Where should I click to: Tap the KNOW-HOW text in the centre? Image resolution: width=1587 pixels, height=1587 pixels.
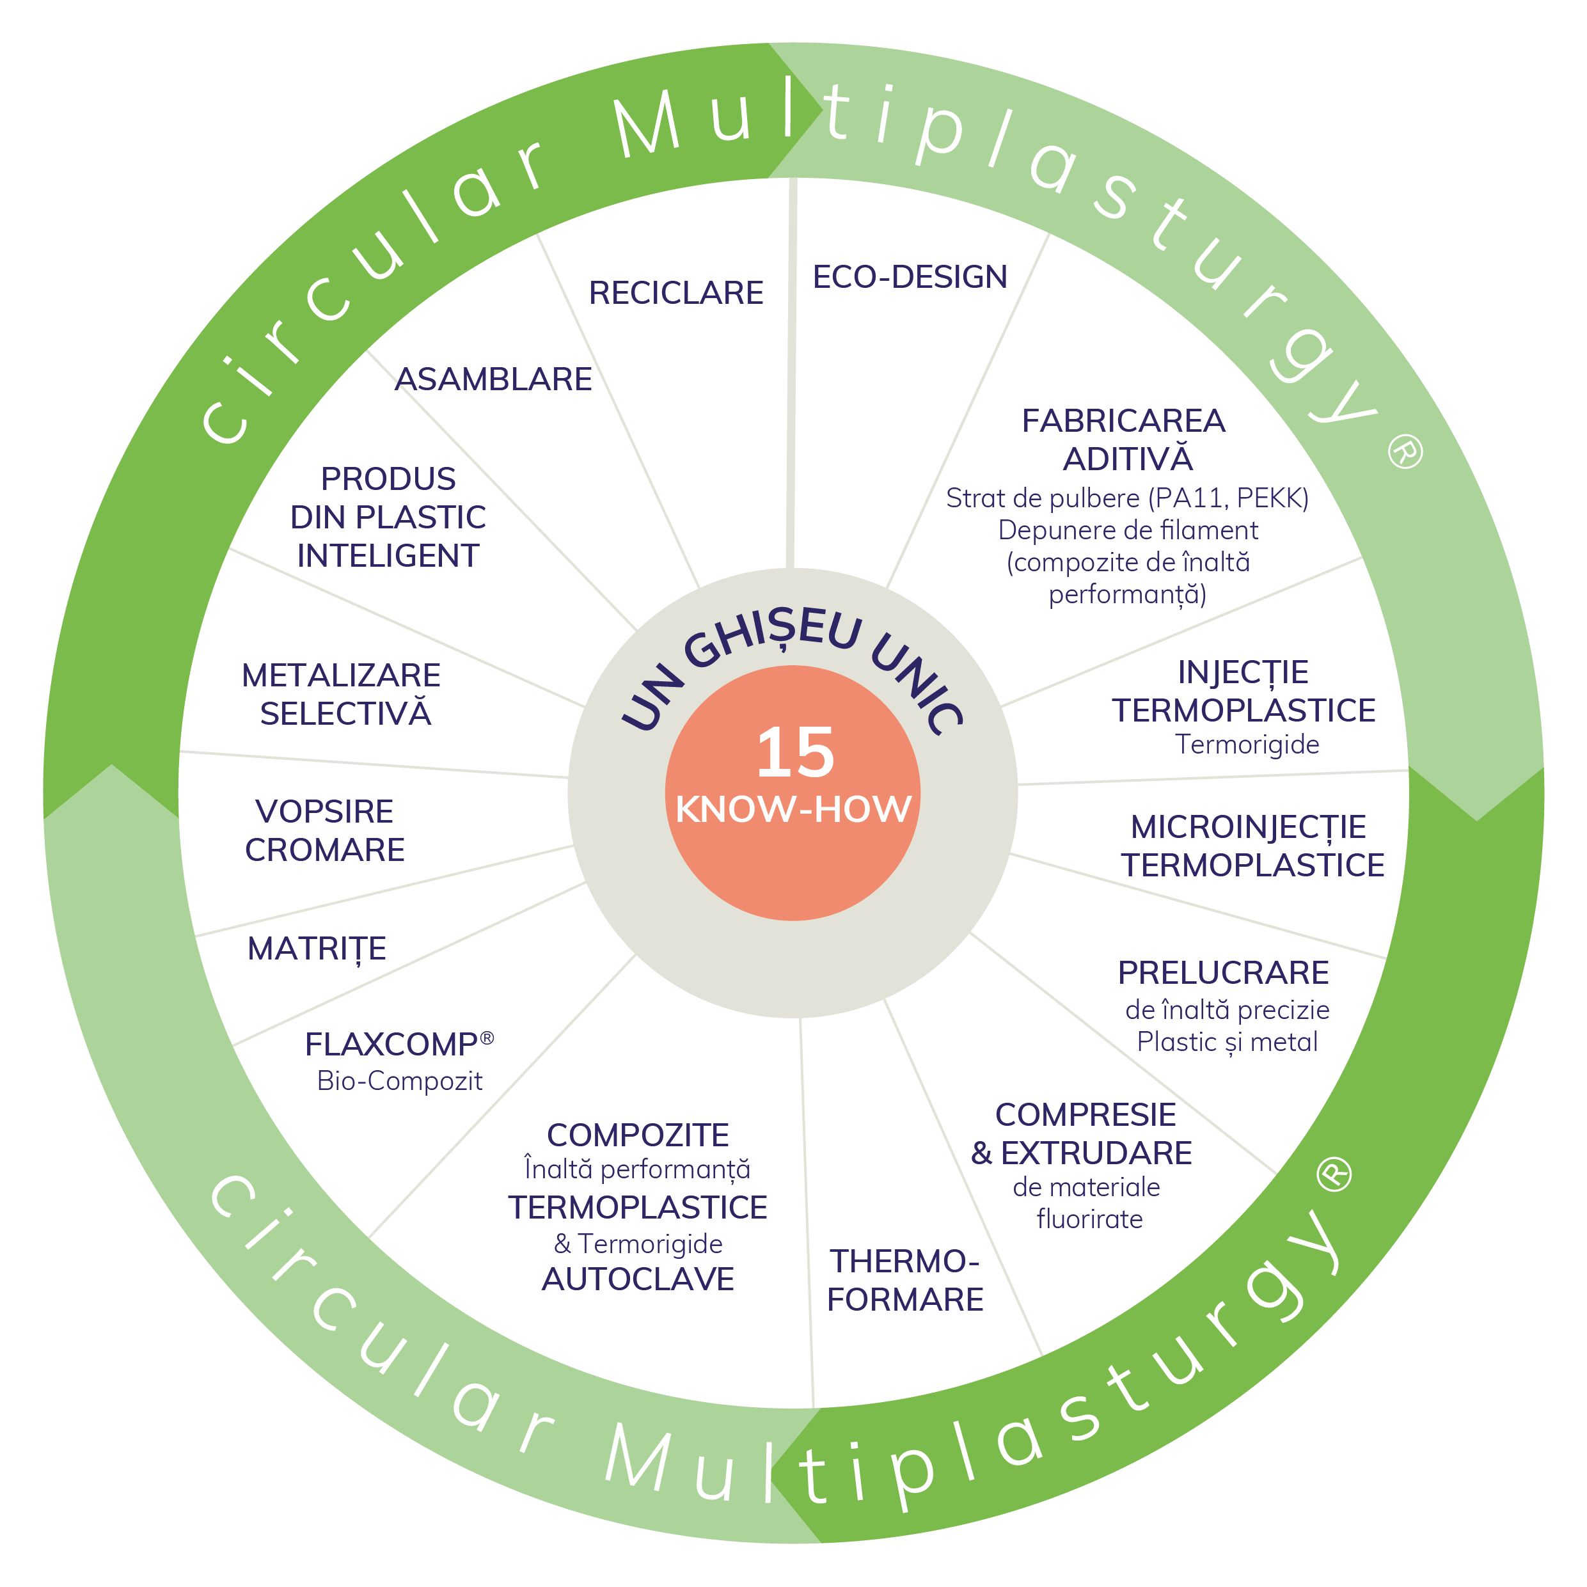click(x=793, y=809)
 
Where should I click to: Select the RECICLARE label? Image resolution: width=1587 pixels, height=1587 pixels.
click(x=675, y=293)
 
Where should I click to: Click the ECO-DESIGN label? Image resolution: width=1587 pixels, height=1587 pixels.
click(x=910, y=278)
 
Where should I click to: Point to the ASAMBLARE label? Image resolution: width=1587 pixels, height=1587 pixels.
click(x=493, y=379)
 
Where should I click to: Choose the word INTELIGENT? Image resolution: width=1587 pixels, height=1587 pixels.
click(x=388, y=556)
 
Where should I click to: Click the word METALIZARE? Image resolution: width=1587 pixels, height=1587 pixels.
click(x=341, y=676)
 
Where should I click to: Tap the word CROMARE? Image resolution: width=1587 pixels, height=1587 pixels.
click(x=324, y=850)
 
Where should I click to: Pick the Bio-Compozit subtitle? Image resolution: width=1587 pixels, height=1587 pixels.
click(x=399, y=1081)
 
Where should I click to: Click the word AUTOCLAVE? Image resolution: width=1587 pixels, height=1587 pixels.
click(x=638, y=1280)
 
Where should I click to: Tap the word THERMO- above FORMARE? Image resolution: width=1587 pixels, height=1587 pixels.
click(x=904, y=1261)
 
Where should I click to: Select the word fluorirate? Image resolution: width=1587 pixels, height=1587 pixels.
click(x=1089, y=1220)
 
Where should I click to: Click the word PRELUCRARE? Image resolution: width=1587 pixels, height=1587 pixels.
click(x=1223, y=974)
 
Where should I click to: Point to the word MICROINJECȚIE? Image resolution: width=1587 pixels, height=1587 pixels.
click(x=1248, y=827)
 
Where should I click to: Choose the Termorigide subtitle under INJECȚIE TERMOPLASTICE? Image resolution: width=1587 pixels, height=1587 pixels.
click(x=1247, y=744)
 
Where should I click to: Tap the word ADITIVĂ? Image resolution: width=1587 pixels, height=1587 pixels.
click(x=1127, y=459)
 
